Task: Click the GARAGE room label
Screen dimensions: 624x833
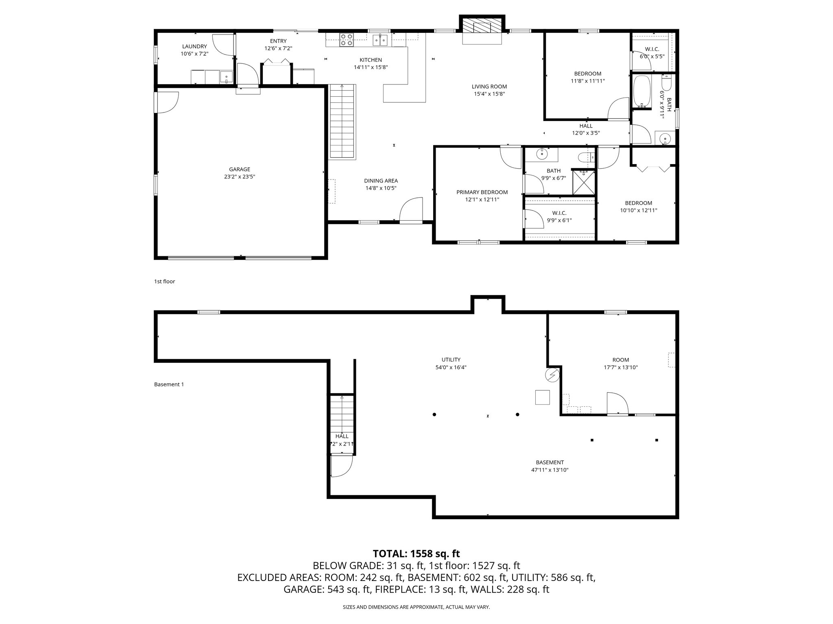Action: pyautogui.click(x=240, y=169)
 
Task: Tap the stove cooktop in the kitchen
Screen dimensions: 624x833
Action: pyautogui.click(x=347, y=39)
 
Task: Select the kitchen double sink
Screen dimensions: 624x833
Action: pyautogui.click(x=380, y=40)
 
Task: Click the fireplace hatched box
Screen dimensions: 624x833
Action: pyautogui.click(x=482, y=27)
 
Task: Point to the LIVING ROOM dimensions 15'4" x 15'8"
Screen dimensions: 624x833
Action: pyautogui.click(x=489, y=94)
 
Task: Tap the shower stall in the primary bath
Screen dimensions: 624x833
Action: pyautogui.click(x=583, y=182)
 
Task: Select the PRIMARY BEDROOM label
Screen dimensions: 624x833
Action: pyautogui.click(x=482, y=192)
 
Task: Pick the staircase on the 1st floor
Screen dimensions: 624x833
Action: pyautogui.click(x=342, y=122)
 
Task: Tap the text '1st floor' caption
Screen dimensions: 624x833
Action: pyautogui.click(x=164, y=281)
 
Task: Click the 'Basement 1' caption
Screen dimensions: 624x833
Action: pyautogui.click(x=169, y=384)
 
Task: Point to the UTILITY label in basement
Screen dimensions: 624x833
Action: pyautogui.click(x=451, y=360)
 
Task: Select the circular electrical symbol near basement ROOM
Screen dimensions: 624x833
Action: pyautogui.click(x=552, y=375)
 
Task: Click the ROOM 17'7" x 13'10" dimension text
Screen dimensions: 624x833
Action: pyautogui.click(x=620, y=367)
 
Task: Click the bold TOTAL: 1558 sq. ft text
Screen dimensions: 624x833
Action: pyautogui.click(x=416, y=553)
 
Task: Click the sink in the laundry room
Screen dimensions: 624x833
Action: pyautogui.click(x=226, y=76)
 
